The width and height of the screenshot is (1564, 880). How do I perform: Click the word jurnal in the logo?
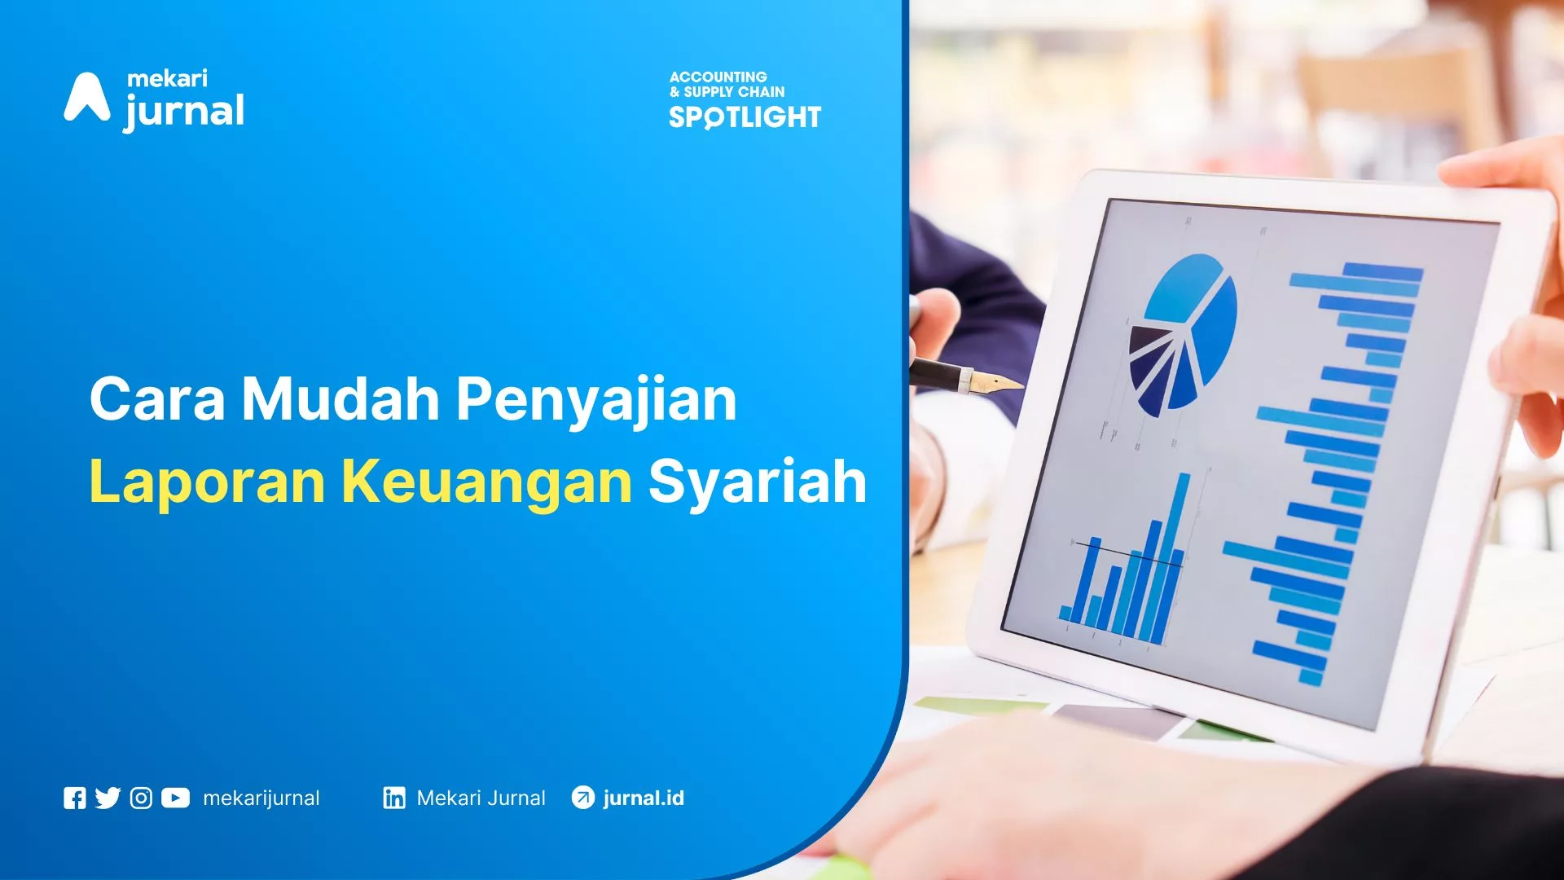pyautogui.click(x=184, y=112)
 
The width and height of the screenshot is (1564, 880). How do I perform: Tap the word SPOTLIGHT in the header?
pyautogui.click(x=745, y=117)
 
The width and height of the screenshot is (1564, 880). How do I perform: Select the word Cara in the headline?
pyautogui.click(x=156, y=399)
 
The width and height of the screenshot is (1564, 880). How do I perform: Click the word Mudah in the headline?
pyautogui.click(x=340, y=398)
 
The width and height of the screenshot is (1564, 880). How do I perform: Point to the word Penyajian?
pyautogui.click(x=596, y=402)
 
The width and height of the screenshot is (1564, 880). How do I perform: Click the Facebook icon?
pyautogui.click(x=74, y=799)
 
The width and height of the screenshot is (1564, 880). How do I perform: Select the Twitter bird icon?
pyautogui.click(x=108, y=799)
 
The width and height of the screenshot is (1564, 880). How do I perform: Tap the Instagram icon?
pyautogui.click(x=141, y=799)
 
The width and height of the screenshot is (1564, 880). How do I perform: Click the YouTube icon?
pyautogui.click(x=175, y=799)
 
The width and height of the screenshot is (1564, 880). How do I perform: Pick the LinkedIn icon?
pyautogui.click(x=394, y=799)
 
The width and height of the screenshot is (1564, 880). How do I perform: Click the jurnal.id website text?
pyautogui.click(x=644, y=799)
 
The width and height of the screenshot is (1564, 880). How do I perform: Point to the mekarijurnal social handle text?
pyautogui.click(x=261, y=799)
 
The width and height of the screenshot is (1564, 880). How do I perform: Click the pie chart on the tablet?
pyautogui.click(x=1183, y=335)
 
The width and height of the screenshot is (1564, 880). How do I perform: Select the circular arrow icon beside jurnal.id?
pyautogui.click(x=583, y=798)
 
